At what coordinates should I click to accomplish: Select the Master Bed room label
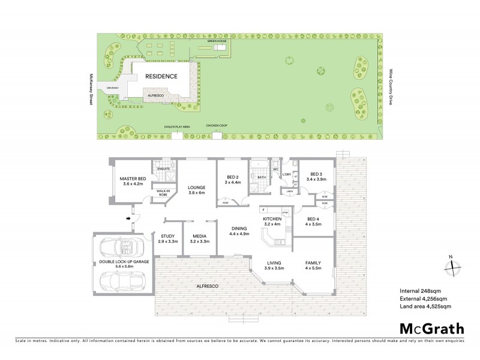pyautogui.click(x=133, y=181)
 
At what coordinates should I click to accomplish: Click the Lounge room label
pyautogui.click(x=197, y=189)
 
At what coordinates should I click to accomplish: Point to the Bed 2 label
pyautogui.click(x=233, y=179)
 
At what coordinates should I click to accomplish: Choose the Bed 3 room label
pyautogui.click(x=316, y=176)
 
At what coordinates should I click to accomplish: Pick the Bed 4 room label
pyautogui.click(x=314, y=221)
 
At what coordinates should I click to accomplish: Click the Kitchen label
pyautogui.click(x=272, y=221)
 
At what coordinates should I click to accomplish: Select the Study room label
pyautogui.click(x=168, y=238)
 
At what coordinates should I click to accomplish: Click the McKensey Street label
pyautogui.click(x=89, y=90)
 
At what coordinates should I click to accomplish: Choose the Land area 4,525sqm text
pyautogui.click(x=425, y=307)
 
